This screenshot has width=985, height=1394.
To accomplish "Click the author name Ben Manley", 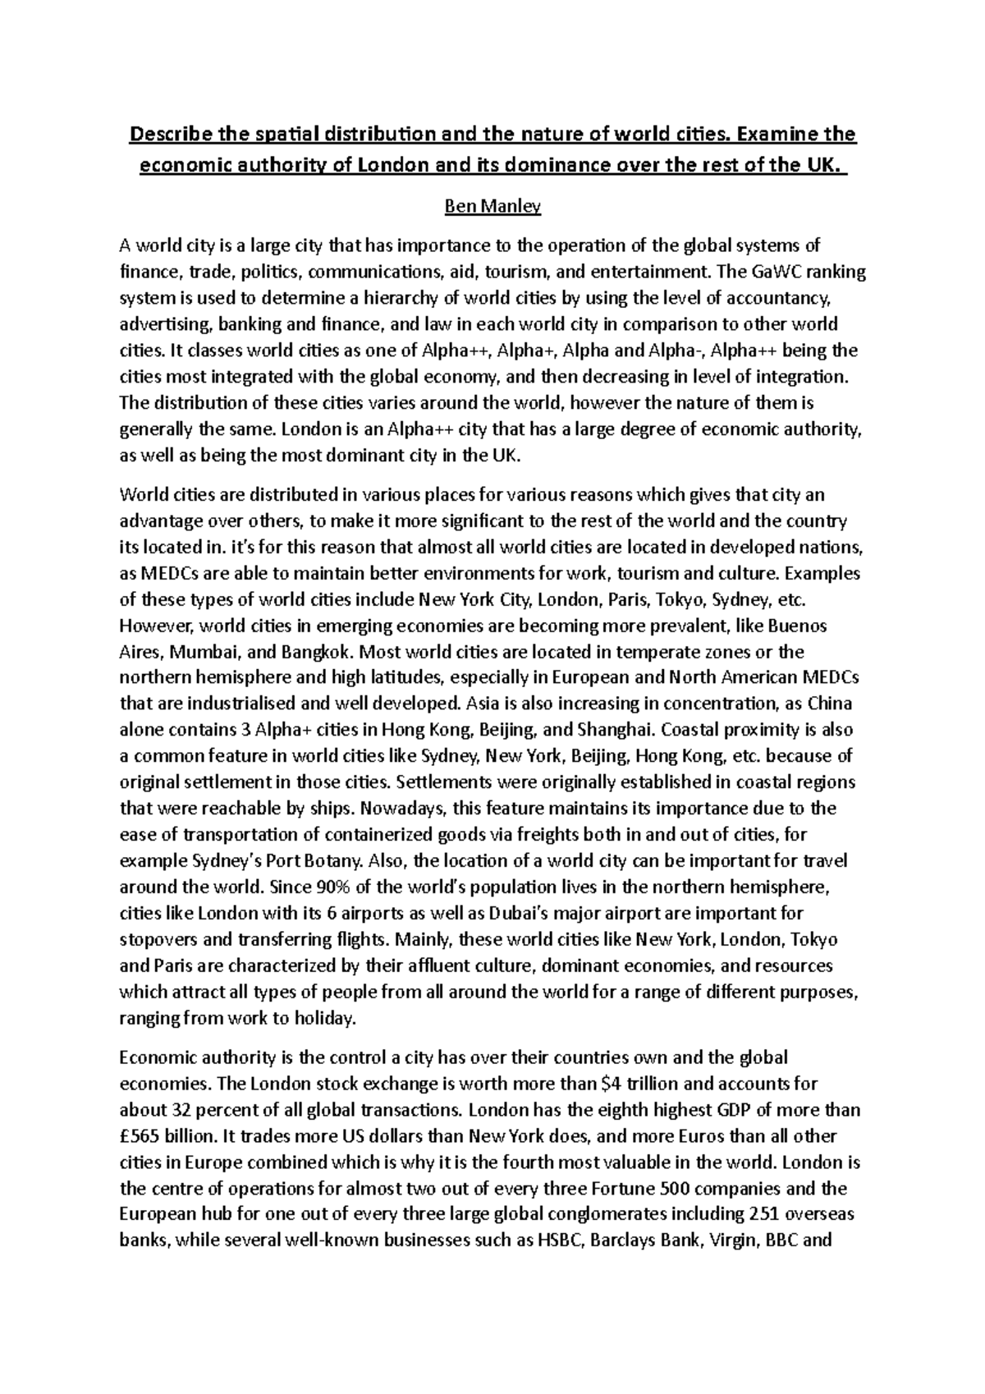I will pos(492,208).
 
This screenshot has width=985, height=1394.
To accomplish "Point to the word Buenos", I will pos(796,626).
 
